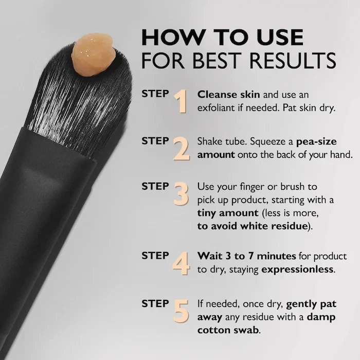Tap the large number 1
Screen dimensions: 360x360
(x=179, y=101)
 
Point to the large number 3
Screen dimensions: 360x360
(x=181, y=194)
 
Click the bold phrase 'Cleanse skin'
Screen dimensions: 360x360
(x=229, y=95)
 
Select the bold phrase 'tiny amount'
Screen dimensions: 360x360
(x=226, y=212)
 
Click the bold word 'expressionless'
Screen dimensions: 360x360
(x=298, y=269)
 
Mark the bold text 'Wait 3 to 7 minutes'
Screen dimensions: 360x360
(x=247, y=256)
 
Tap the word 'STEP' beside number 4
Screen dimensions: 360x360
(x=155, y=255)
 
